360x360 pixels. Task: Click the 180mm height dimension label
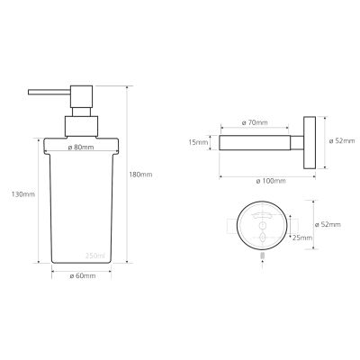coord(140,175)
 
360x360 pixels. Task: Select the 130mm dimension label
coord(23,194)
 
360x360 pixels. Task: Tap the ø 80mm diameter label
coord(81,148)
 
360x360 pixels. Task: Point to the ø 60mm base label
coord(83,275)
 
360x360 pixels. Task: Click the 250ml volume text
coord(95,256)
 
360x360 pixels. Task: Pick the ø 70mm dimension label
coord(255,122)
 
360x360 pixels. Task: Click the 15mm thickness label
coord(198,142)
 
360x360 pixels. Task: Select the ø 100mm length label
coord(271,181)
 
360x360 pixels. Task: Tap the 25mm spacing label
coord(302,238)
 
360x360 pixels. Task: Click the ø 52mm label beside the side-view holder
coord(342,140)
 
